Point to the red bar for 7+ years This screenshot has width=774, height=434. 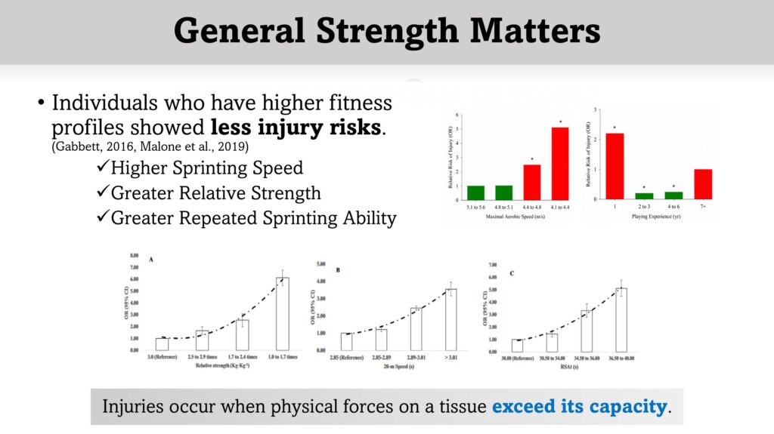[x=703, y=184]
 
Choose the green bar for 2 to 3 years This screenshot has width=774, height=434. [x=644, y=196]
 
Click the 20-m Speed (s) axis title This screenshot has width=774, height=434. [x=399, y=365]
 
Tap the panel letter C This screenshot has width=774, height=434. [x=512, y=272]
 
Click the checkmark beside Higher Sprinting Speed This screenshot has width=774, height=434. [x=104, y=167]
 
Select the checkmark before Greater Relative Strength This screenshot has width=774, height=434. [x=104, y=192]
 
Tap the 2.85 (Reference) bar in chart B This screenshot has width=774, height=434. [x=346, y=342]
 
